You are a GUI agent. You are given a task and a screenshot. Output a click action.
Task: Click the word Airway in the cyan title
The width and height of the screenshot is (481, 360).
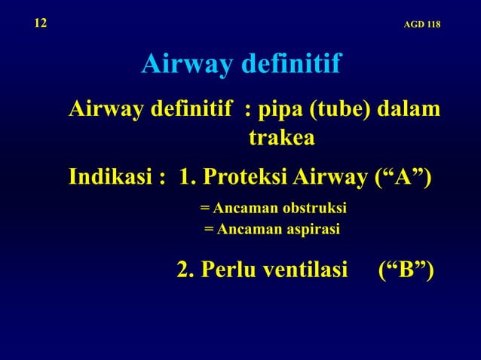coord(187,66)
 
